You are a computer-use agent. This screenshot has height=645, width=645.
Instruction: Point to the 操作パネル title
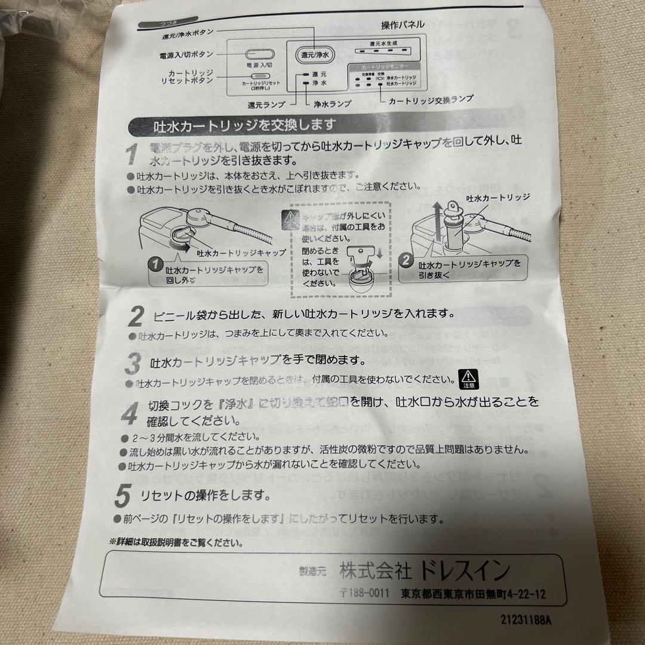click(x=403, y=25)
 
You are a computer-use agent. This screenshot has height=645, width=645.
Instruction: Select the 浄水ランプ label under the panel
click(x=333, y=103)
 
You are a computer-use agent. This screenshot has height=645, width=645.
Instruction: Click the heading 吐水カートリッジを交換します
click(x=236, y=126)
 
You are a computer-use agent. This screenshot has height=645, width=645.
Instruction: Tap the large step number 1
click(x=133, y=155)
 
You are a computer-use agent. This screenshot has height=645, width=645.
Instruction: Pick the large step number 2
click(x=137, y=315)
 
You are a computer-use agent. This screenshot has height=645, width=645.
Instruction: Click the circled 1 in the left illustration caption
click(x=155, y=263)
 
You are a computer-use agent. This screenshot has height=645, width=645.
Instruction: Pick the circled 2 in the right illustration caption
click(x=406, y=261)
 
